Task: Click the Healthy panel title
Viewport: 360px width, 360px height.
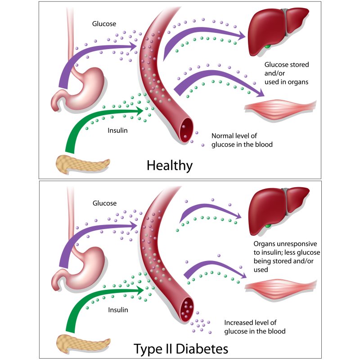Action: point(170,166)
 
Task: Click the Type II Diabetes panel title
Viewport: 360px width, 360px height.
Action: point(181,349)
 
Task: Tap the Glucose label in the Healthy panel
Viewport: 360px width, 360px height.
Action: point(104,24)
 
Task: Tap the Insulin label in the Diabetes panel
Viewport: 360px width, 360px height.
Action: point(118,310)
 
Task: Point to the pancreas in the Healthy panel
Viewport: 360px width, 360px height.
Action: point(82,164)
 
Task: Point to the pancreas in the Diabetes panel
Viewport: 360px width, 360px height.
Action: point(83,343)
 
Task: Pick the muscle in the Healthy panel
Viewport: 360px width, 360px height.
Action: point(280,109)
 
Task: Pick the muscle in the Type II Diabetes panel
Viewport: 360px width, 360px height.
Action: point(280,289)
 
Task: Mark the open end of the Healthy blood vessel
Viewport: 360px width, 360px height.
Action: point(186,130)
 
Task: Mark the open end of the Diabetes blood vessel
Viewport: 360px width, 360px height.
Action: point(187,310)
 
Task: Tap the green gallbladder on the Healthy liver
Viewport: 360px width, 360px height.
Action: point(267,46)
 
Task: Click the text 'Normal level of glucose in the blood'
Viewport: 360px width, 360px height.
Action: point(242,140)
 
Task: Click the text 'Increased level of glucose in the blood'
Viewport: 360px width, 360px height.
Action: point(255,327)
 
